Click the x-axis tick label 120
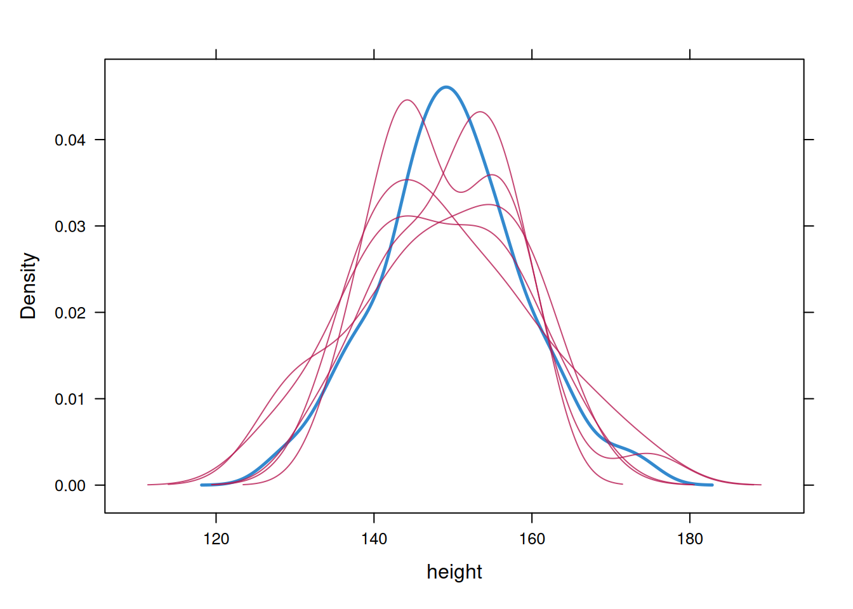(216, 539)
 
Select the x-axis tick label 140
(374, 539)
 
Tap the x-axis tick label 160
(532, 539)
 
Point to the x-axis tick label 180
(690, 539)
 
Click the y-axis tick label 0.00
(70, 486)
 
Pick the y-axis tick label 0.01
(70, 400)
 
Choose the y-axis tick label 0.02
(70, 313)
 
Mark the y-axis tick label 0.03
(70, 226)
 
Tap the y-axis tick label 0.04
(70, 140)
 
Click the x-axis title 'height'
(454, 572)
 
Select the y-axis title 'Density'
(29, 285)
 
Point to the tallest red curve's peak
(407, 100)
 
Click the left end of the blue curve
(202, 485)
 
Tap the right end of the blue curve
(712, 485)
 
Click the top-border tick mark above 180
(690, 54)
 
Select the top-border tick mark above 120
(216, 54)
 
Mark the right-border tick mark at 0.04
(809, 140)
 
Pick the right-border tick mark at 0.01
(809, 399)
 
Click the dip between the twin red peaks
(461, 192)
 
